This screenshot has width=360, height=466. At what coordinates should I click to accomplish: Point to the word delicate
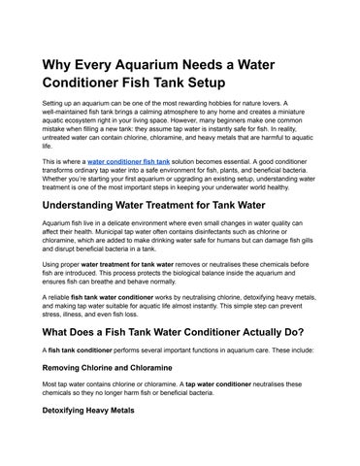[110, 224]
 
